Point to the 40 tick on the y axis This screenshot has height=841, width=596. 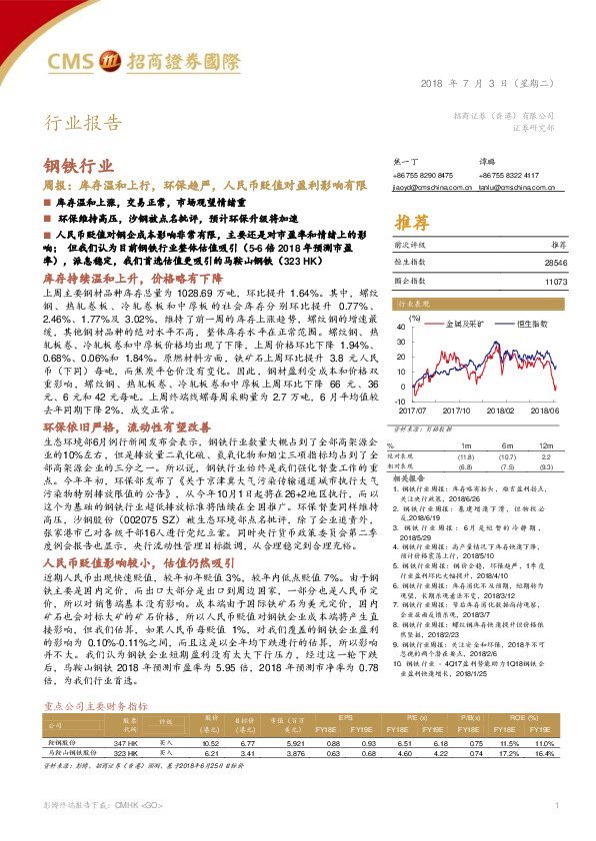(401, 325)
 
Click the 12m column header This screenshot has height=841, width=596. (544, 444)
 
